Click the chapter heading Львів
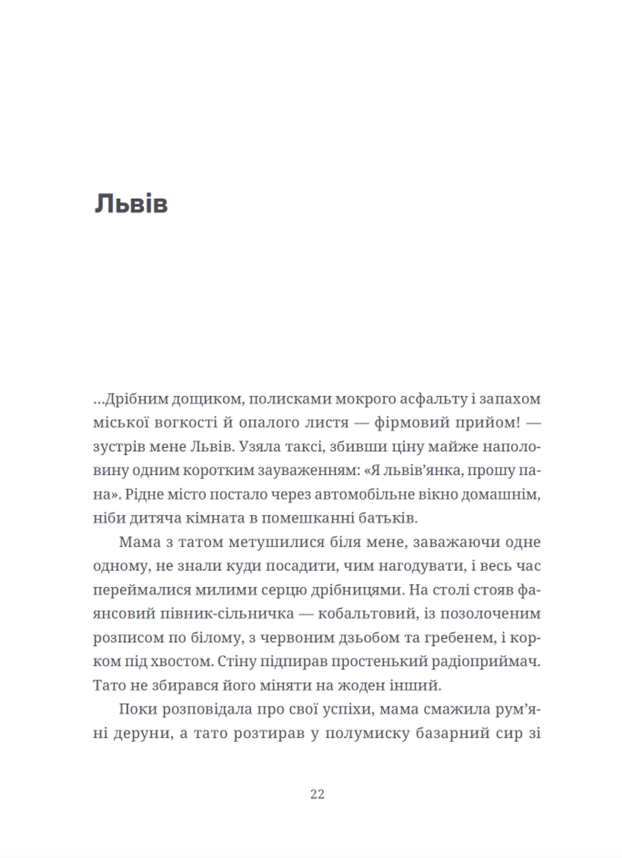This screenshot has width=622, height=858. coord(131,204)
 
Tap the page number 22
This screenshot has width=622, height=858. coord(317,794)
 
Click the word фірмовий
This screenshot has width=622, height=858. coord(409,423)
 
